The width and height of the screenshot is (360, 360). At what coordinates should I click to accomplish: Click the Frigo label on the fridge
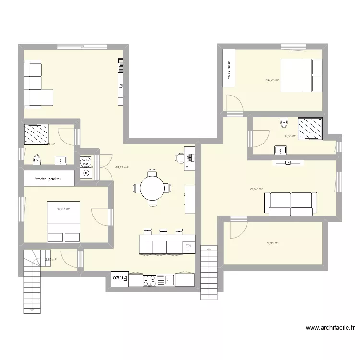[120, 278]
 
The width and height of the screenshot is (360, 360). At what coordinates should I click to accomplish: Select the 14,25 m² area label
[274, 80]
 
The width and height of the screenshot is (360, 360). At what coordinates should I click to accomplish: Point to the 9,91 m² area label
[273, 243]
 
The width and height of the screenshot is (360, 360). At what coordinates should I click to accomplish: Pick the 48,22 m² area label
[121, 168]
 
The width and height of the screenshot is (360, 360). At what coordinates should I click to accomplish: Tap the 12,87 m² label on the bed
[64, 209]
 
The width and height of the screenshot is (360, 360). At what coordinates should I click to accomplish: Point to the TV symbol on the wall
[288, 163]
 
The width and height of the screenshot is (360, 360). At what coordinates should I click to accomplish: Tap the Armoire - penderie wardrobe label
[50, 179]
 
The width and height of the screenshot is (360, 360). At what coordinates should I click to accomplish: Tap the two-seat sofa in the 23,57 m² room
[291, 204]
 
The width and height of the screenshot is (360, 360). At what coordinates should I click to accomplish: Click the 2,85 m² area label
[50, 260]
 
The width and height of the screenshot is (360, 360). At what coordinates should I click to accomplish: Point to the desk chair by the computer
[180, 157]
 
